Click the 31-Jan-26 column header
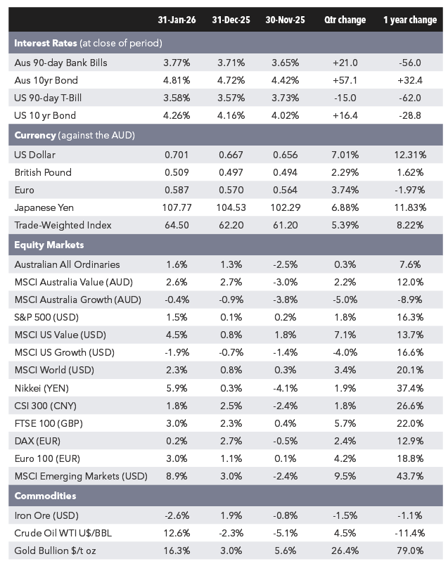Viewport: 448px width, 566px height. (177, 20)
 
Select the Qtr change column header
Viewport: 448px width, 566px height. (345, 20)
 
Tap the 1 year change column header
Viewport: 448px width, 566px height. (410, 20)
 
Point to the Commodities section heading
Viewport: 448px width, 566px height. (45, 496)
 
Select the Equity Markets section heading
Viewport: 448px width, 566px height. (49, 245)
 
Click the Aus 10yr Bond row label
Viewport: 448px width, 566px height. (46, 80)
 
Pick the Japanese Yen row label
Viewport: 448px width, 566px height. (44, 207)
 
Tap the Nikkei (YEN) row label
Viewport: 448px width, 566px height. (41, 388)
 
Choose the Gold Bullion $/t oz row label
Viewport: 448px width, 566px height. (55, 551)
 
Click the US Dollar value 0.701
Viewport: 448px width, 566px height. (177, 155)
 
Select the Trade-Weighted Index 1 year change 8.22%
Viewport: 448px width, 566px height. (410, 225)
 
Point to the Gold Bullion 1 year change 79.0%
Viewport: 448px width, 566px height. (410, 551)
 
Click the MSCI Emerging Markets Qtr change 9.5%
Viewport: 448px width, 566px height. (345, 476)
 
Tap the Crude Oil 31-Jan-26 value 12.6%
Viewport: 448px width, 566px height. (177, 533)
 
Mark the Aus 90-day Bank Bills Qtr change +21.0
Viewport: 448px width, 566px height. (345, 63)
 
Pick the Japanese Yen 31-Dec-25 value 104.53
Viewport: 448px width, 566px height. (231, 207)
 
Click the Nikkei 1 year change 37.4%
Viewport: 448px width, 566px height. (410, 388)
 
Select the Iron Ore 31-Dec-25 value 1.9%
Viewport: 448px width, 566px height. (231, 515)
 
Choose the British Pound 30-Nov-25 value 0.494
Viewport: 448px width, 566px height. (286, 172)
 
